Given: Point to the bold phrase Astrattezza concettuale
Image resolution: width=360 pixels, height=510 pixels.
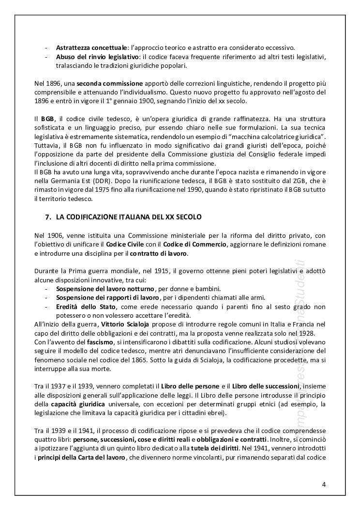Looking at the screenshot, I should (x=91, y=47).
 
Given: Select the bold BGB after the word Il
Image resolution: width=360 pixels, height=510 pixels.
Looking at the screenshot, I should (x=47, y=118).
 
